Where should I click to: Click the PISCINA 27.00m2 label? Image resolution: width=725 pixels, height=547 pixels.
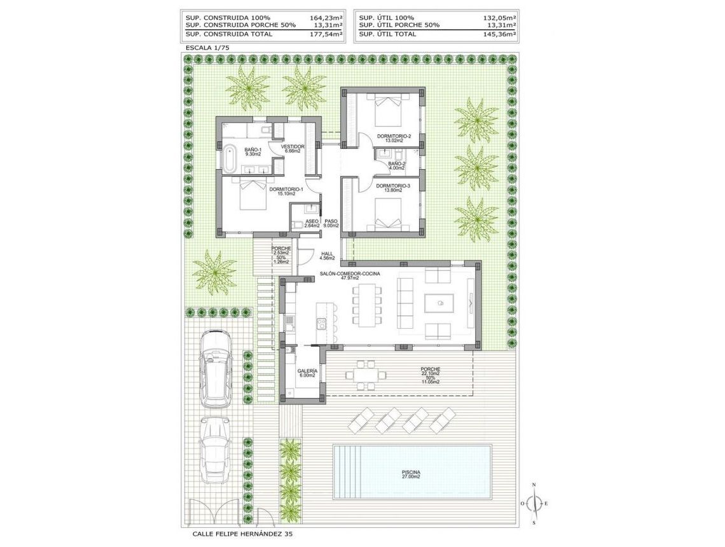tap(410, 474)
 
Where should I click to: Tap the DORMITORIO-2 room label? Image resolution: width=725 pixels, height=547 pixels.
tap(394, 136)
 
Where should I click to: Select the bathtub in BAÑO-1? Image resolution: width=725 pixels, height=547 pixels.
tap(229, 159)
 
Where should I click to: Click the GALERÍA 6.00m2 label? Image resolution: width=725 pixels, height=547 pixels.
tap(307, 372)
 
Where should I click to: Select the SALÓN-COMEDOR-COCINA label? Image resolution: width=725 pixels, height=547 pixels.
tap(350, 273)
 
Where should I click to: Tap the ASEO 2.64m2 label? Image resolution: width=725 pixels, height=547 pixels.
tap(312, 223)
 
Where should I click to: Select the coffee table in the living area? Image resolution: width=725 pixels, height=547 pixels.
tap(438, 304)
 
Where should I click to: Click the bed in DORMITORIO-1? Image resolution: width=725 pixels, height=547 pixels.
tap(252, 194)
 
